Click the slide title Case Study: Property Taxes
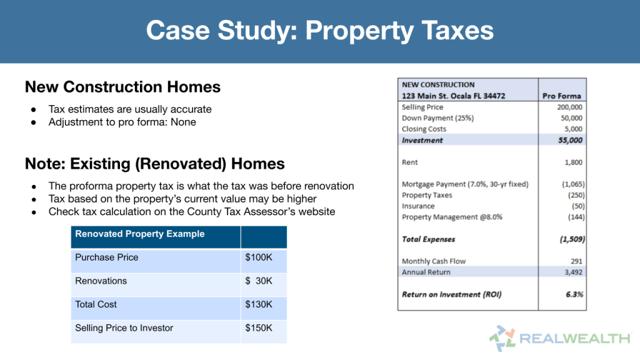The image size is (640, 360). click(319, 31)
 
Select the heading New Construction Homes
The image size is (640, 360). click(122, 87)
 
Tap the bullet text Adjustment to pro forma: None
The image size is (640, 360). click(122, 122)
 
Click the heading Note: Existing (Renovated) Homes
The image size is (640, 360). click(154, 164)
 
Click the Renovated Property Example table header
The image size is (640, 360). click(139, 234)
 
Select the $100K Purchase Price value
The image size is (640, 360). click(259, 257)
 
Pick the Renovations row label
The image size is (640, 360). click(101, 281)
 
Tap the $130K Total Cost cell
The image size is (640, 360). click(259, 304)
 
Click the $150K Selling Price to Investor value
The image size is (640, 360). click(259, 328)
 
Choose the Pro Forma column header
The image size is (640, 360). click(562, 96)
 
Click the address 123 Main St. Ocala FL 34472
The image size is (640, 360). click(453, 96)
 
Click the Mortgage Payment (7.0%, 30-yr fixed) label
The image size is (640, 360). click(465, 184)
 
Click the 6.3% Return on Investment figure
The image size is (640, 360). click(573, 294)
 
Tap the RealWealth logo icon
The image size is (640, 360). click(502, 338)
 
